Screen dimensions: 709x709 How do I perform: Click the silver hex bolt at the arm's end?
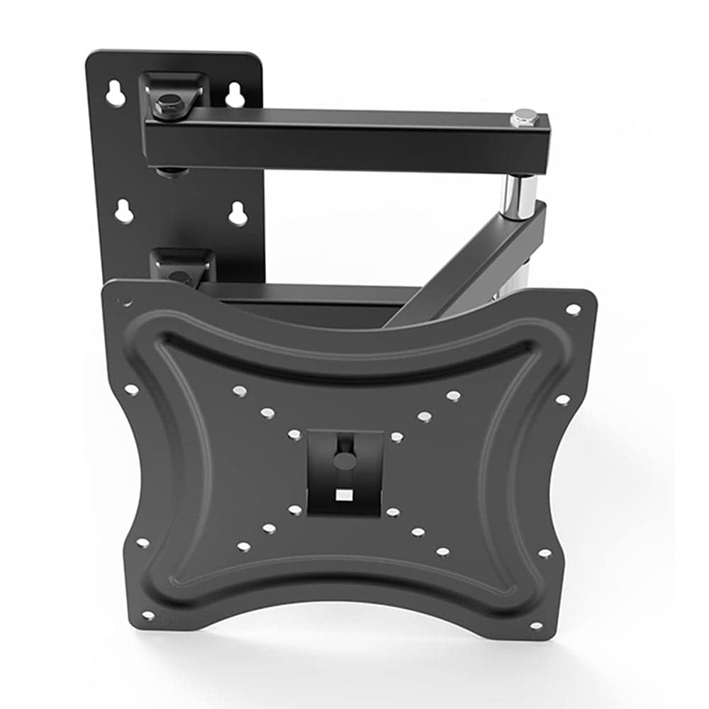pos(525,118)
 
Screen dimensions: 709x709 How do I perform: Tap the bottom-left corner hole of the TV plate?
pos(148,615)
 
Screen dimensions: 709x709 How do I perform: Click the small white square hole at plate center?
pos(344,495)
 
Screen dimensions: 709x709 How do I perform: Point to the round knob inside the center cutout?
pos(345,461)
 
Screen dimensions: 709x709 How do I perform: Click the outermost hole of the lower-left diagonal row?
pos(243,547)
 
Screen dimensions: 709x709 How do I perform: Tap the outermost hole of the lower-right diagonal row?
pos(443,551)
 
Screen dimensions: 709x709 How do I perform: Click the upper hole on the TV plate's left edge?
pos(131,389)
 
